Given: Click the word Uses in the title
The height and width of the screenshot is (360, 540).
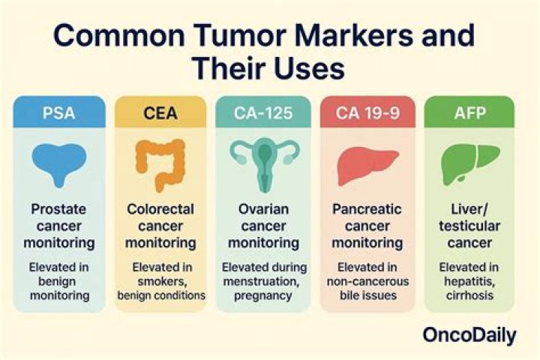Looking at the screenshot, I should (x=307, y=69).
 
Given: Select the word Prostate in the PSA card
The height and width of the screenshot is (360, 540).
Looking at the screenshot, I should (x=58, y=207).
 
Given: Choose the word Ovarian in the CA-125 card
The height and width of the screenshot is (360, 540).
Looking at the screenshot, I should (x=264, y=207).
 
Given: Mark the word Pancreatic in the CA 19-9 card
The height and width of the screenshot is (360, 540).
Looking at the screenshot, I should (x=368, y=207).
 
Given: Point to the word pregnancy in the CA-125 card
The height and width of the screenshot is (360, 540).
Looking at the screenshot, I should (x=264, y=295).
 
